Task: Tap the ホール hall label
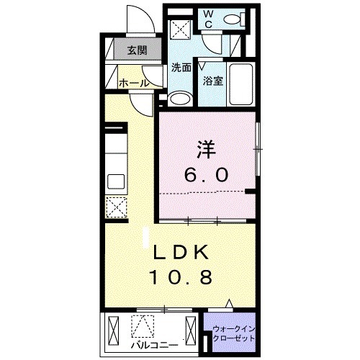point(134,83)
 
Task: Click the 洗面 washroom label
point(181,68)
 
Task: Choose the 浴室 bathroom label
point(212,81)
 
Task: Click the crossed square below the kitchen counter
point(115,207)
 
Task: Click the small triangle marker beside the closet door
point(229,305)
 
